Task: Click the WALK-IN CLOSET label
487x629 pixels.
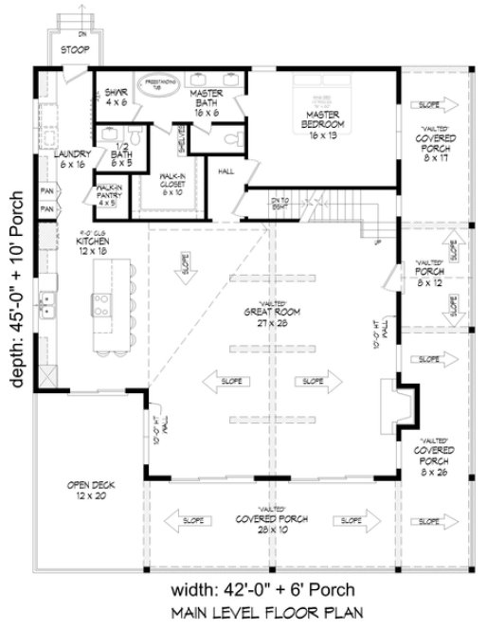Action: click(171, 182)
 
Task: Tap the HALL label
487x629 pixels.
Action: click(225, 171)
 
